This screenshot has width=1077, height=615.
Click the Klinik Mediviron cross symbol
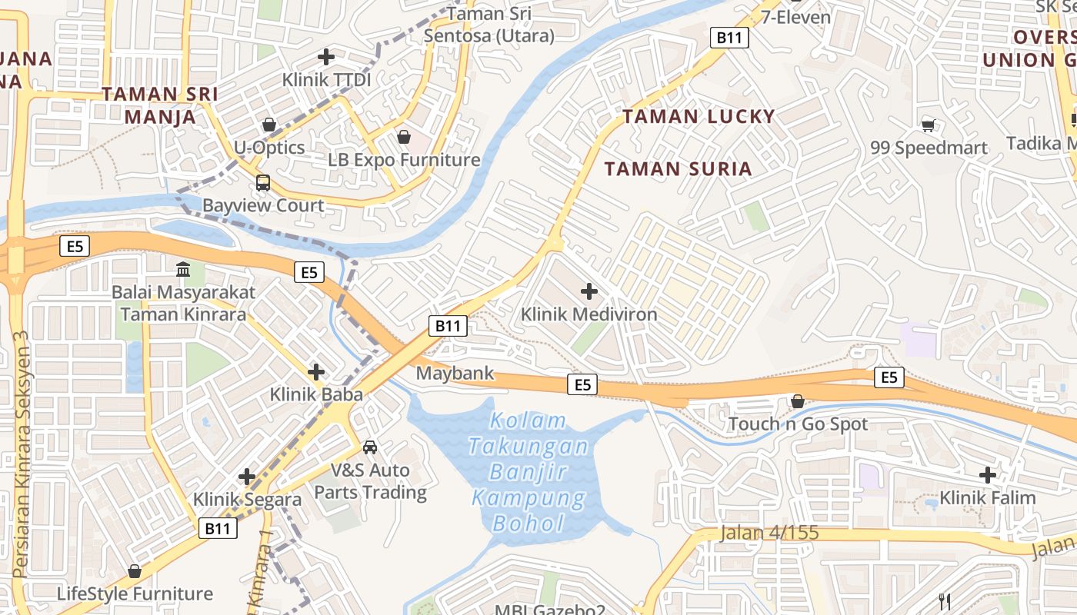(x=589, y=291)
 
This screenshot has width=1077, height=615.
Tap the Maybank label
(x=455, y=374)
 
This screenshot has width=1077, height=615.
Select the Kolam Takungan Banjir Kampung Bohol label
(x=529, y=473)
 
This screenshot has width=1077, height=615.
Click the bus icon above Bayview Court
(x=263, y=183)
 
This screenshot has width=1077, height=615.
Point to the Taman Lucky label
(x=699, y=117)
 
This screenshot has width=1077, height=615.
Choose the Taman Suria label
(x=678, y=169)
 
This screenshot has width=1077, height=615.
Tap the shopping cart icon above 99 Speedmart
(x=929, y=125)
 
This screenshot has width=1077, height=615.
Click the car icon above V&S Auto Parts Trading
(x=370, y=447)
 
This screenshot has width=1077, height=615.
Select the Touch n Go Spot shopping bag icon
(x=798, y=401)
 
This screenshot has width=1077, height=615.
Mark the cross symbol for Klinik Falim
(x=988, y=475)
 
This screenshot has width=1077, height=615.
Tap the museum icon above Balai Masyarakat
(x=184, y=270)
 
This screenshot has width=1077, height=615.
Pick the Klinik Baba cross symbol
(x=316, y=372)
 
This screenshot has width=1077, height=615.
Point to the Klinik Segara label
(x=248, y=500)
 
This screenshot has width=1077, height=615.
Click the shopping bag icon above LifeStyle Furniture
(x=135, y=571)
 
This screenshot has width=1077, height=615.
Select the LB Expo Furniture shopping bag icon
(x=404, y=137)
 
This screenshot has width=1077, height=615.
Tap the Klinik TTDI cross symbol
(x=326, y=57)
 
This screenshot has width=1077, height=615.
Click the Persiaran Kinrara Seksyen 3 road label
(x=21, y=454)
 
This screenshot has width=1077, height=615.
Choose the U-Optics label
(x=269, y=148)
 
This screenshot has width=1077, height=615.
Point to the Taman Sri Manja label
(x=160, y=105)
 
